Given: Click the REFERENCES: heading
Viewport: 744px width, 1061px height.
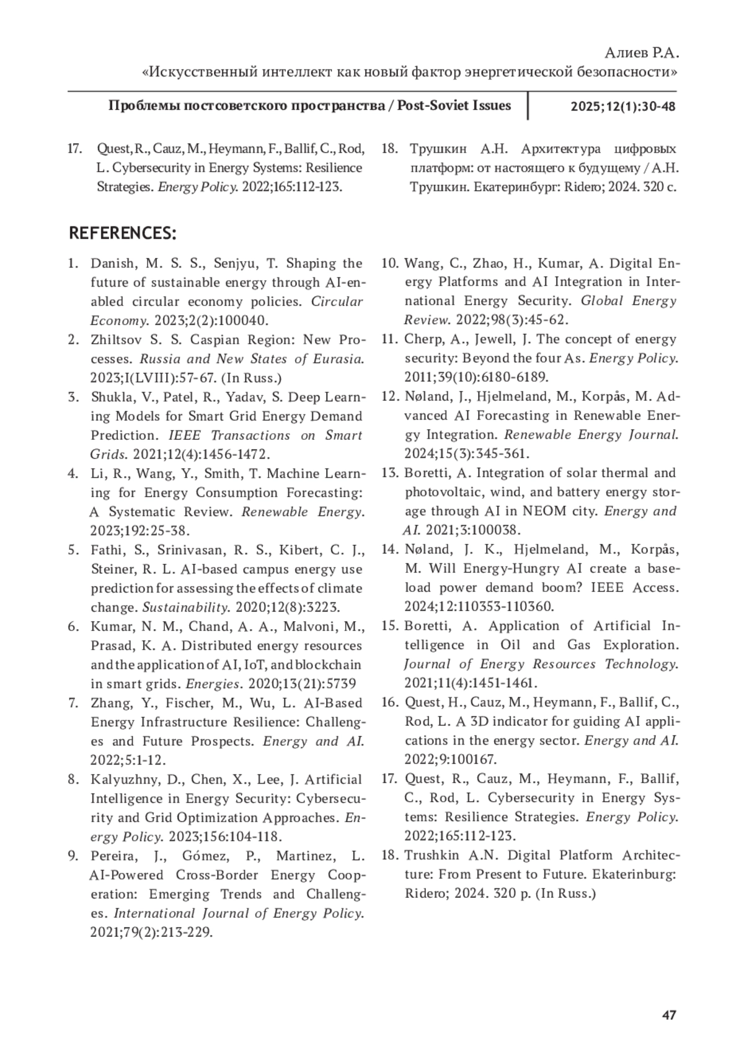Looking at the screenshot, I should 123,233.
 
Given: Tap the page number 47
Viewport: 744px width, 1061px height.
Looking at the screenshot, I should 668,1016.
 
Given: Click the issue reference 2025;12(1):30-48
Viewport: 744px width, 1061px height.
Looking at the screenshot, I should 622,106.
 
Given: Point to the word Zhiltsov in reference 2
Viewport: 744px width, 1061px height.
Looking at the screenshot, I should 116,340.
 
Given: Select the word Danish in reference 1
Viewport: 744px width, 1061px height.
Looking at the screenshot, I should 112,264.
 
